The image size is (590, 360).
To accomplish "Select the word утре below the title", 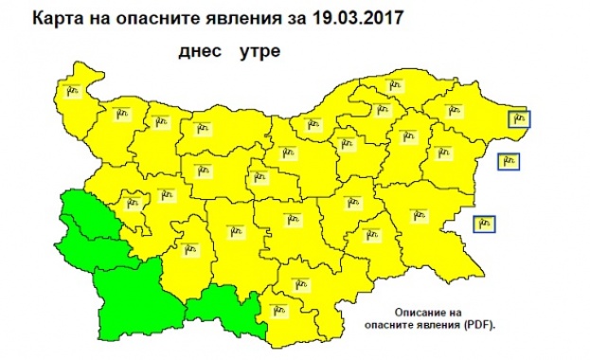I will pos(259,52).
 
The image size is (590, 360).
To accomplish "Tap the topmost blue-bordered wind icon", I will pos(519,119).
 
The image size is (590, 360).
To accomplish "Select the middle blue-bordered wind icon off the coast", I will pos(508,162).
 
